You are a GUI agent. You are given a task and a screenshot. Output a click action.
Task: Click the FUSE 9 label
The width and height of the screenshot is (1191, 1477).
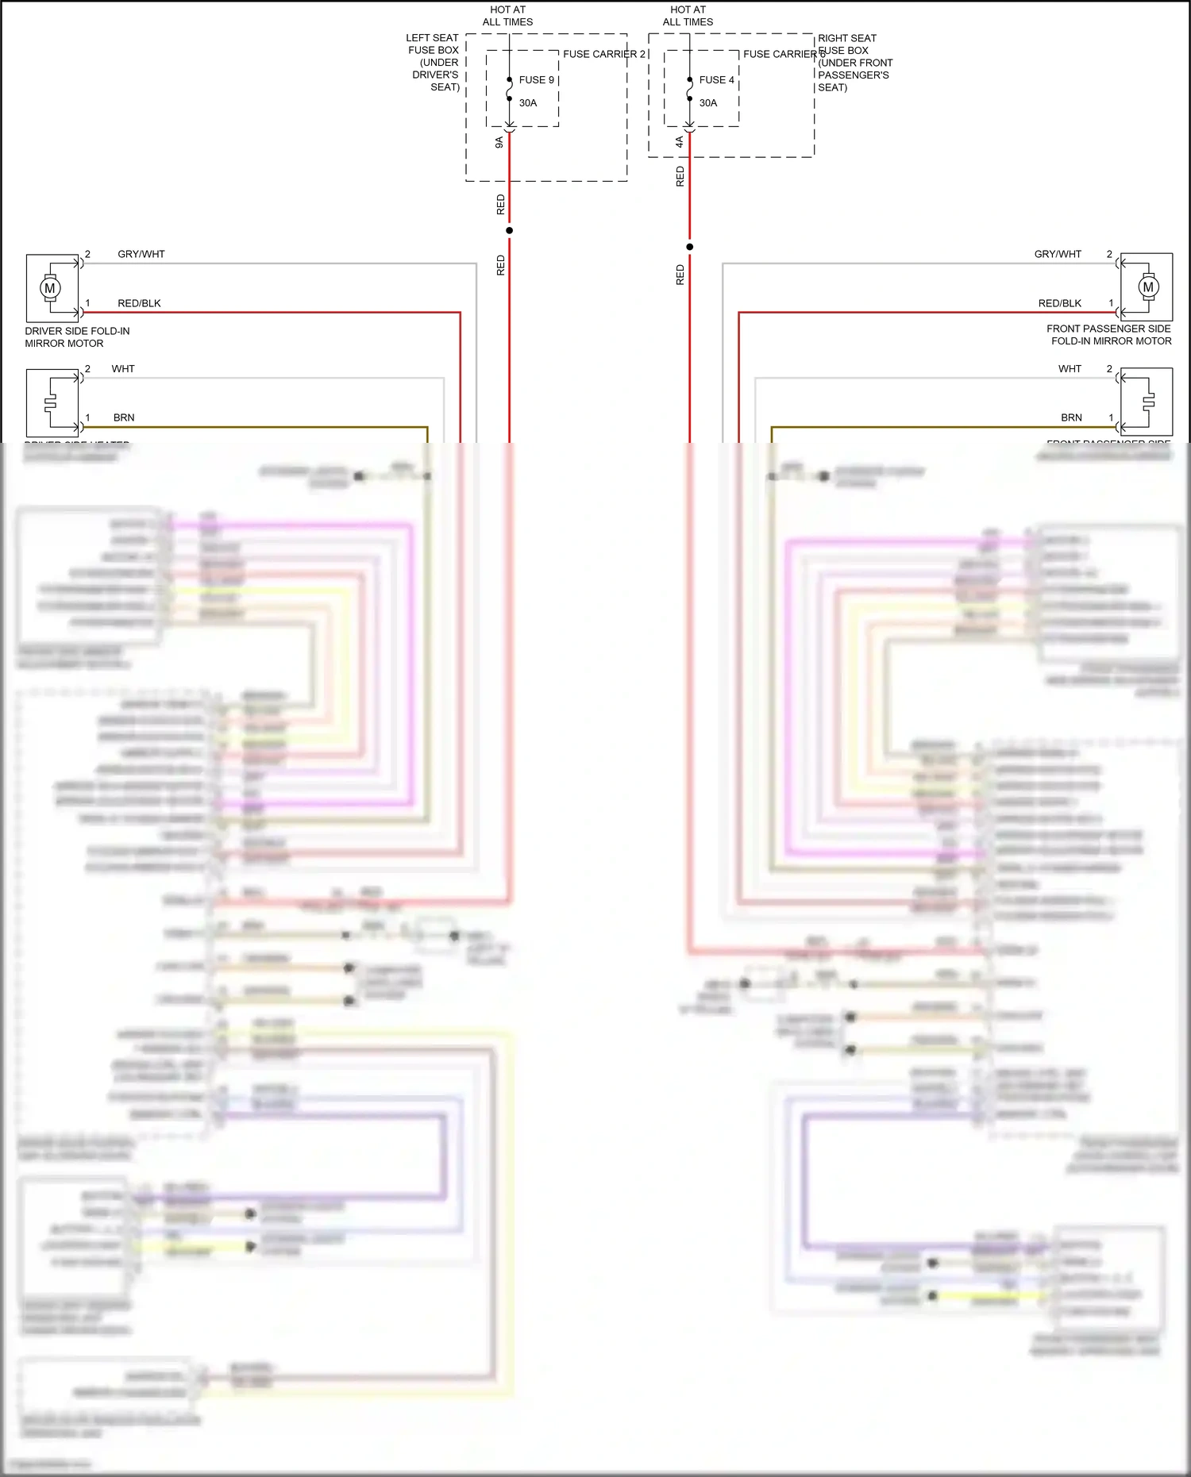(536, 80)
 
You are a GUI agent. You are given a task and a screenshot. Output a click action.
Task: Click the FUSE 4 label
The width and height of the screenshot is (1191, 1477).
(716, 80)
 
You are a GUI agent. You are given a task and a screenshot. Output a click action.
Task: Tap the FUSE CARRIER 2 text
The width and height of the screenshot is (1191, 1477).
(603, 54)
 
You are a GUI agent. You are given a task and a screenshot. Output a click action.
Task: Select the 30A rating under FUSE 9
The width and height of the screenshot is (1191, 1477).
(528, 103)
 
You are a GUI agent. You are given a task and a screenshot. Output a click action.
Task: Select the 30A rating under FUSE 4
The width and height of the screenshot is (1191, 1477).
(708, 103)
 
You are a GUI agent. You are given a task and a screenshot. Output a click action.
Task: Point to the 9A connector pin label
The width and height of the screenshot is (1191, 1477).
(499, 142)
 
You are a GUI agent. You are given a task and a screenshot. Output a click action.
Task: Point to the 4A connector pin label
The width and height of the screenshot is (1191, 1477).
(680, 142)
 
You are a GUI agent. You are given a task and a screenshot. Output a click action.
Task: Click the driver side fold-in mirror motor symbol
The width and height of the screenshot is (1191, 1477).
(50, 287)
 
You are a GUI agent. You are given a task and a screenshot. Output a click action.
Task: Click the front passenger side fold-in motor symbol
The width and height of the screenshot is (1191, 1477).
(1147, 287)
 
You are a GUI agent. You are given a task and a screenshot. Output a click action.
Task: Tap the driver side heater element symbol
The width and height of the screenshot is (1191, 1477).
(51, 402)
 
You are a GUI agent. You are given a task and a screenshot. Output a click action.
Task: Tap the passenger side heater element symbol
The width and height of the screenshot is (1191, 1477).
(1148, 402)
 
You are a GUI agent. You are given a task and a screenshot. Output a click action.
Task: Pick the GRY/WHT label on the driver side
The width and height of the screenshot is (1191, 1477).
(141, 255)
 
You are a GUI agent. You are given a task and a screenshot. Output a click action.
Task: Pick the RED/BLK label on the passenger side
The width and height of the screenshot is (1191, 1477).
(1060, 304)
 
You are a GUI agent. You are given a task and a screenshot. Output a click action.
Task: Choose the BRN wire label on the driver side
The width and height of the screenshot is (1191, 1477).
(124, 418)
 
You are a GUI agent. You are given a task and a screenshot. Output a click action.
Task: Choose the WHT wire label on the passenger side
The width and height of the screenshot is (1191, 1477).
(1070, 369)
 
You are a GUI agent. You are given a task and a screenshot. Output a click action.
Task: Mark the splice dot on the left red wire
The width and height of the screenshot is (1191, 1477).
(510, 231)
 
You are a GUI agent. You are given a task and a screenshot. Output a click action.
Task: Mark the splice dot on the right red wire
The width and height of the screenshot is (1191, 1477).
(690, 247)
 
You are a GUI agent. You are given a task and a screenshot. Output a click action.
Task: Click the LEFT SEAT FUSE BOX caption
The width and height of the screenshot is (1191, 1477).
(434, 62)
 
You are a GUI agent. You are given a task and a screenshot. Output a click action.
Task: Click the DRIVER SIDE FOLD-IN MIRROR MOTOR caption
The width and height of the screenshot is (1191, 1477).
(77, 337)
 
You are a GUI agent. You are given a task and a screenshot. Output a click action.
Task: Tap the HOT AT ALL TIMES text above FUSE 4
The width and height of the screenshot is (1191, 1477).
(688, 16)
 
